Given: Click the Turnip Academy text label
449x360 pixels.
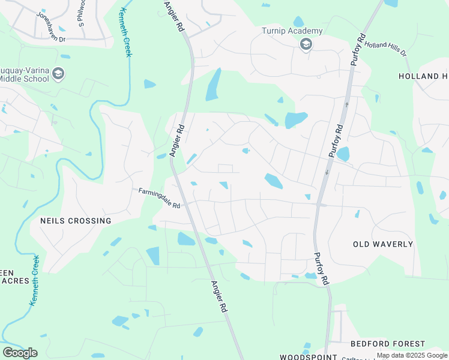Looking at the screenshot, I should point(292,31).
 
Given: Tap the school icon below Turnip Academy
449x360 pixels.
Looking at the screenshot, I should point(306,44).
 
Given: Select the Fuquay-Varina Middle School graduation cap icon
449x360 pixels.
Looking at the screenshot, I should point(58,74).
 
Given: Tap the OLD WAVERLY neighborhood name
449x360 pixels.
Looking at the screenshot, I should point(383,244).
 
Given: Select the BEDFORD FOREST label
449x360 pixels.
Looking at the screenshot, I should point(387,344).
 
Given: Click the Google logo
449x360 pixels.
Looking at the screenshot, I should point(20,353).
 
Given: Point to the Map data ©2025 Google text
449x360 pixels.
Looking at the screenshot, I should point(412,356).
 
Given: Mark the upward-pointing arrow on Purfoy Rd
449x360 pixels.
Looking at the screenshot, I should point(346,104).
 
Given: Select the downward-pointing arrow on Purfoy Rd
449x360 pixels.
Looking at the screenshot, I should point(327,172).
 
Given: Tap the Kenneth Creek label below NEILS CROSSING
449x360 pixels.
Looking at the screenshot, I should point(34,280).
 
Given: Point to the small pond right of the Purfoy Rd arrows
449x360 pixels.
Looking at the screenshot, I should point(343,154).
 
